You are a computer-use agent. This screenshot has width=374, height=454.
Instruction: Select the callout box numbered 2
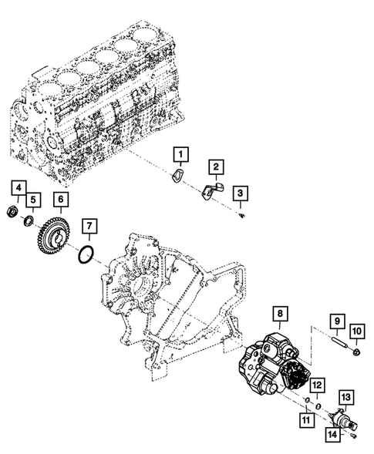tap(218, 166)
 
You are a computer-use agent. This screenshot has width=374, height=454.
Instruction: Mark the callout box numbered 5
tap(32, 201)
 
